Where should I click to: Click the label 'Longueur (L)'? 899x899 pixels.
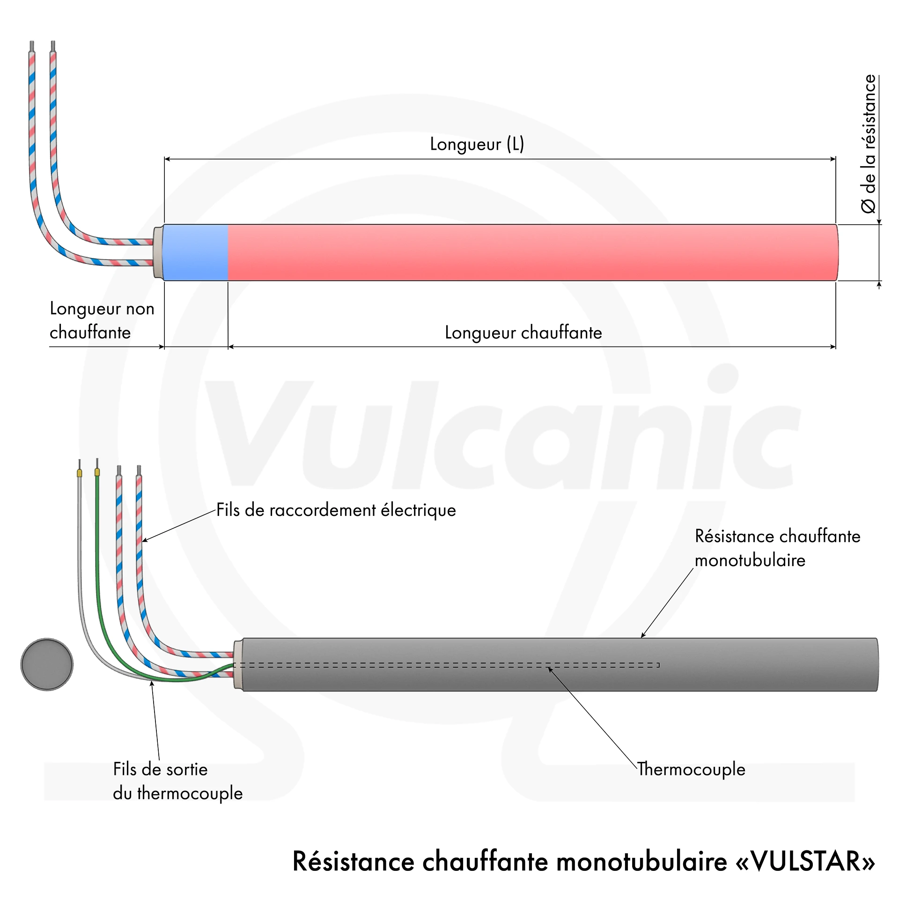477,144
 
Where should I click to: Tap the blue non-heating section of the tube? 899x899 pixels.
196,252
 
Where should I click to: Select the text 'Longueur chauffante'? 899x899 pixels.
523,332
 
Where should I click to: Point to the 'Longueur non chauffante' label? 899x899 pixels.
102,320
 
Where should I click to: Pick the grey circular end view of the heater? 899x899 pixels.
47,664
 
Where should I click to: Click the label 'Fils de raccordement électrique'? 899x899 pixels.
336,510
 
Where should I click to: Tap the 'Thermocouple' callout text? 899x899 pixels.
691,769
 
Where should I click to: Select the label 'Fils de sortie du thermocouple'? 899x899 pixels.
178,781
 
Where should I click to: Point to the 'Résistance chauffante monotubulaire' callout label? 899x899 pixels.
777,548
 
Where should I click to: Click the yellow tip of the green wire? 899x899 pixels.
97,472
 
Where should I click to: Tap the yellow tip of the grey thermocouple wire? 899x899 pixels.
80,473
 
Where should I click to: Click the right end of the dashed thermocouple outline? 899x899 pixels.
659,665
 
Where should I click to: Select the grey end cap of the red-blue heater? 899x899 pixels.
158,252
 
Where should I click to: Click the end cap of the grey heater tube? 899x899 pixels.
238,664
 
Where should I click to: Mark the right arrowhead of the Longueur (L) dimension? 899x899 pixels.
833,159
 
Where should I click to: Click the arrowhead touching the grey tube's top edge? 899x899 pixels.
643,634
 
